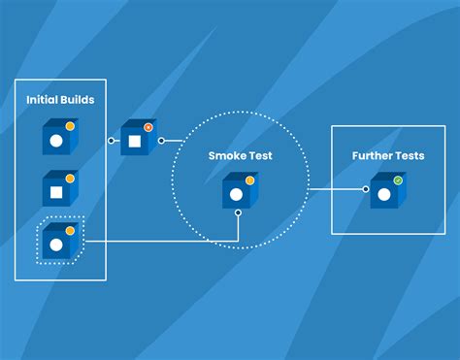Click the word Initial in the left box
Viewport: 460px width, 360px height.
click(41, 100)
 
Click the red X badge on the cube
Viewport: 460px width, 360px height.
click(148, 127)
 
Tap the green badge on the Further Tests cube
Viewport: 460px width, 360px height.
click(398, 180)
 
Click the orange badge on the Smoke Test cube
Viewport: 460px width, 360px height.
click(249, 180)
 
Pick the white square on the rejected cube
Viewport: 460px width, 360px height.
click(135, 142)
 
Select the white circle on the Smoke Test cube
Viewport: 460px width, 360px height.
click(236, 194)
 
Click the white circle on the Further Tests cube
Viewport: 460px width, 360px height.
click(384, 194)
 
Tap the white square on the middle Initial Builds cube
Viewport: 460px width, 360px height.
click(56, 192)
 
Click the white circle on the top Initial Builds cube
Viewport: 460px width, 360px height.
click(56, 141)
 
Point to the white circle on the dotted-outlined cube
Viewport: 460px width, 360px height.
click(56, 245)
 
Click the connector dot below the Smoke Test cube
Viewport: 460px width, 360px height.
click(239, 213)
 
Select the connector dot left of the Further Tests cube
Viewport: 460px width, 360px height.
click(366, 189)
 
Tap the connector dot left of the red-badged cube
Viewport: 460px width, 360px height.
click(111, 141)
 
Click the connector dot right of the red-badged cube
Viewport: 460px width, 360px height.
click(161, 141)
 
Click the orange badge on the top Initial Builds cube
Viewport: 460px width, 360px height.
click(70, 126)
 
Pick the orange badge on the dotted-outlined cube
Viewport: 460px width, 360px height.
click(70, 231)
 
